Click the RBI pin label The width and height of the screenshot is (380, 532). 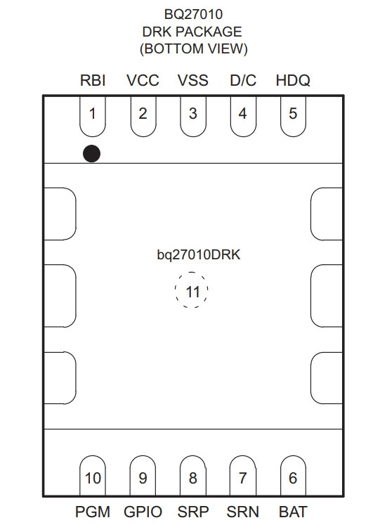pos(93,80)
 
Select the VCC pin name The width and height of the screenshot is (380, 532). pos(143,80)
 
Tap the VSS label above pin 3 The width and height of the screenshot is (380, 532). pos(193,80)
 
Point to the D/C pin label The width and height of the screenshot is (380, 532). pos(243,80)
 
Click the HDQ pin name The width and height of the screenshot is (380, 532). pos(293,80)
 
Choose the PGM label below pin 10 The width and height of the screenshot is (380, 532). pos(93,512)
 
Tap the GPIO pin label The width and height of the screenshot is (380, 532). pos(143,512)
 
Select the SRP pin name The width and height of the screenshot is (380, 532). pos(193,512)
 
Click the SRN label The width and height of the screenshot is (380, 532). pos(243,512)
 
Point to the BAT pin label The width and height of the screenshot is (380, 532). pos(293,512)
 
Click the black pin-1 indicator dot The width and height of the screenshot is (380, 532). pos(91,153)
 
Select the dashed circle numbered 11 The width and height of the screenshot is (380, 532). pos(192,273)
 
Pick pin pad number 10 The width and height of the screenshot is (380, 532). pos(93,475)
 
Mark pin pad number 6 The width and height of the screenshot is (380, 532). pos(293,475)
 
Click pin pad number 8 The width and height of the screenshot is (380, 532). pos(193,475)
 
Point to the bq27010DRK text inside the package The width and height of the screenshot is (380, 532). pos(199,254)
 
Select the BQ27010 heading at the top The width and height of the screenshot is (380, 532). pos(194,14)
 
